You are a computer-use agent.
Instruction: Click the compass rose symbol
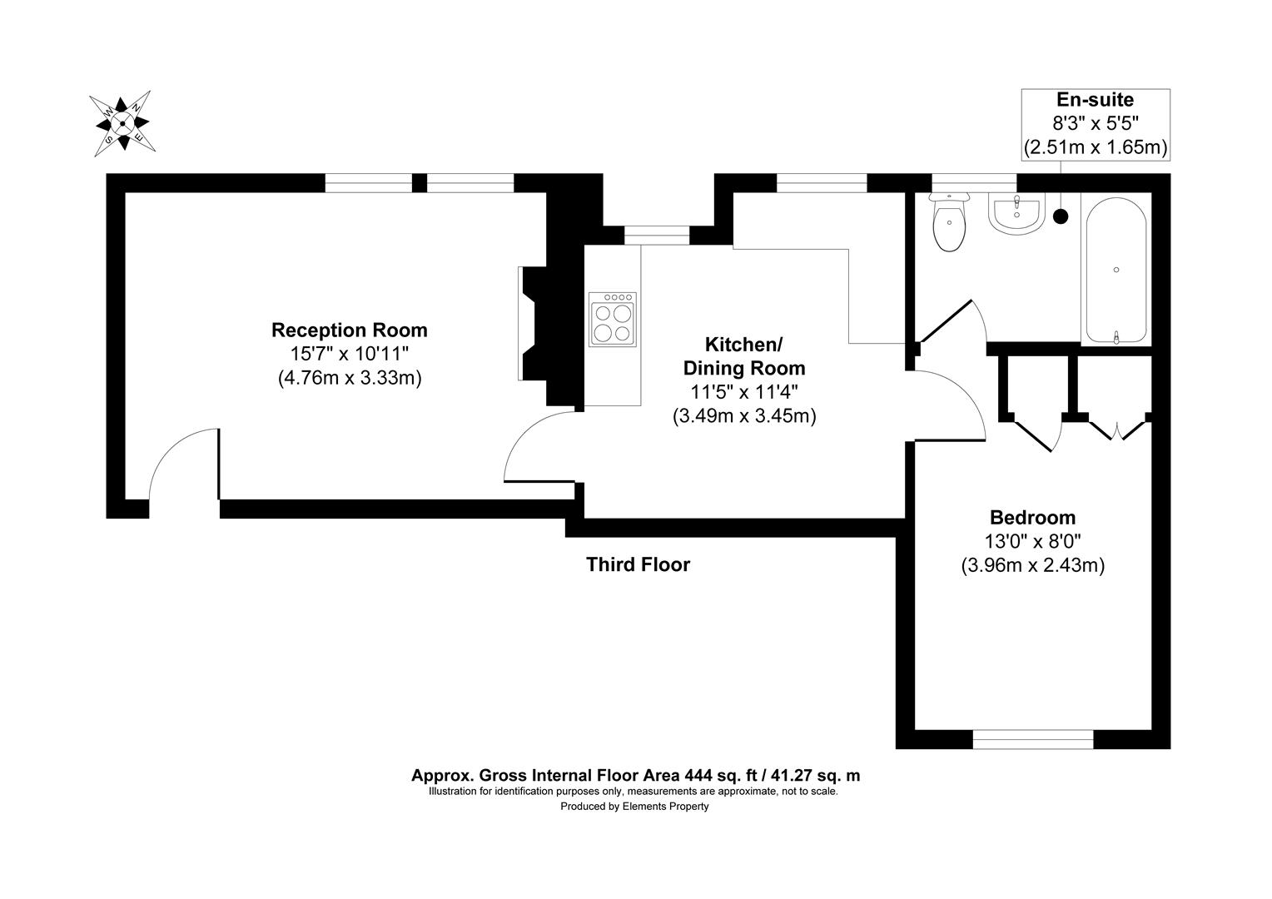[x=122, y=123]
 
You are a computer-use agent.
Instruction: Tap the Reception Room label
[x=350, y=330]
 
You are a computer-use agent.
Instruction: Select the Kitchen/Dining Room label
[x=743, y=355]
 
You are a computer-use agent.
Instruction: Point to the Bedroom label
[x=1032, y=517]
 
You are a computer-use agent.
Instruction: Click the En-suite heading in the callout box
[x=1095, y=101]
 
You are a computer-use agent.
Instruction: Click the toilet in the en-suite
[x=950, y=223]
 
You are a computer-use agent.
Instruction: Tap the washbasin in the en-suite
[x=1014, y=212]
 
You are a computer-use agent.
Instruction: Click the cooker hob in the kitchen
[x=612, y=319]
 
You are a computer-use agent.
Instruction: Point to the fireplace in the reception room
[x=533, y=324]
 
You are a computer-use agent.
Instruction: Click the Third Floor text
[x=638, y=564]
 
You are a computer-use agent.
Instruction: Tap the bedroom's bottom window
[x=1033, y=738]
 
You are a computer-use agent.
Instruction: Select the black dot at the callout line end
[x=1061, y=216]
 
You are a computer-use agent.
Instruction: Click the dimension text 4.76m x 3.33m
[x=350, y=378]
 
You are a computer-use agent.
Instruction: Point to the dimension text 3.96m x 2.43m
[x=1032, y=565]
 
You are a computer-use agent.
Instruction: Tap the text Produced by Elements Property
[x=634, y=807]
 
